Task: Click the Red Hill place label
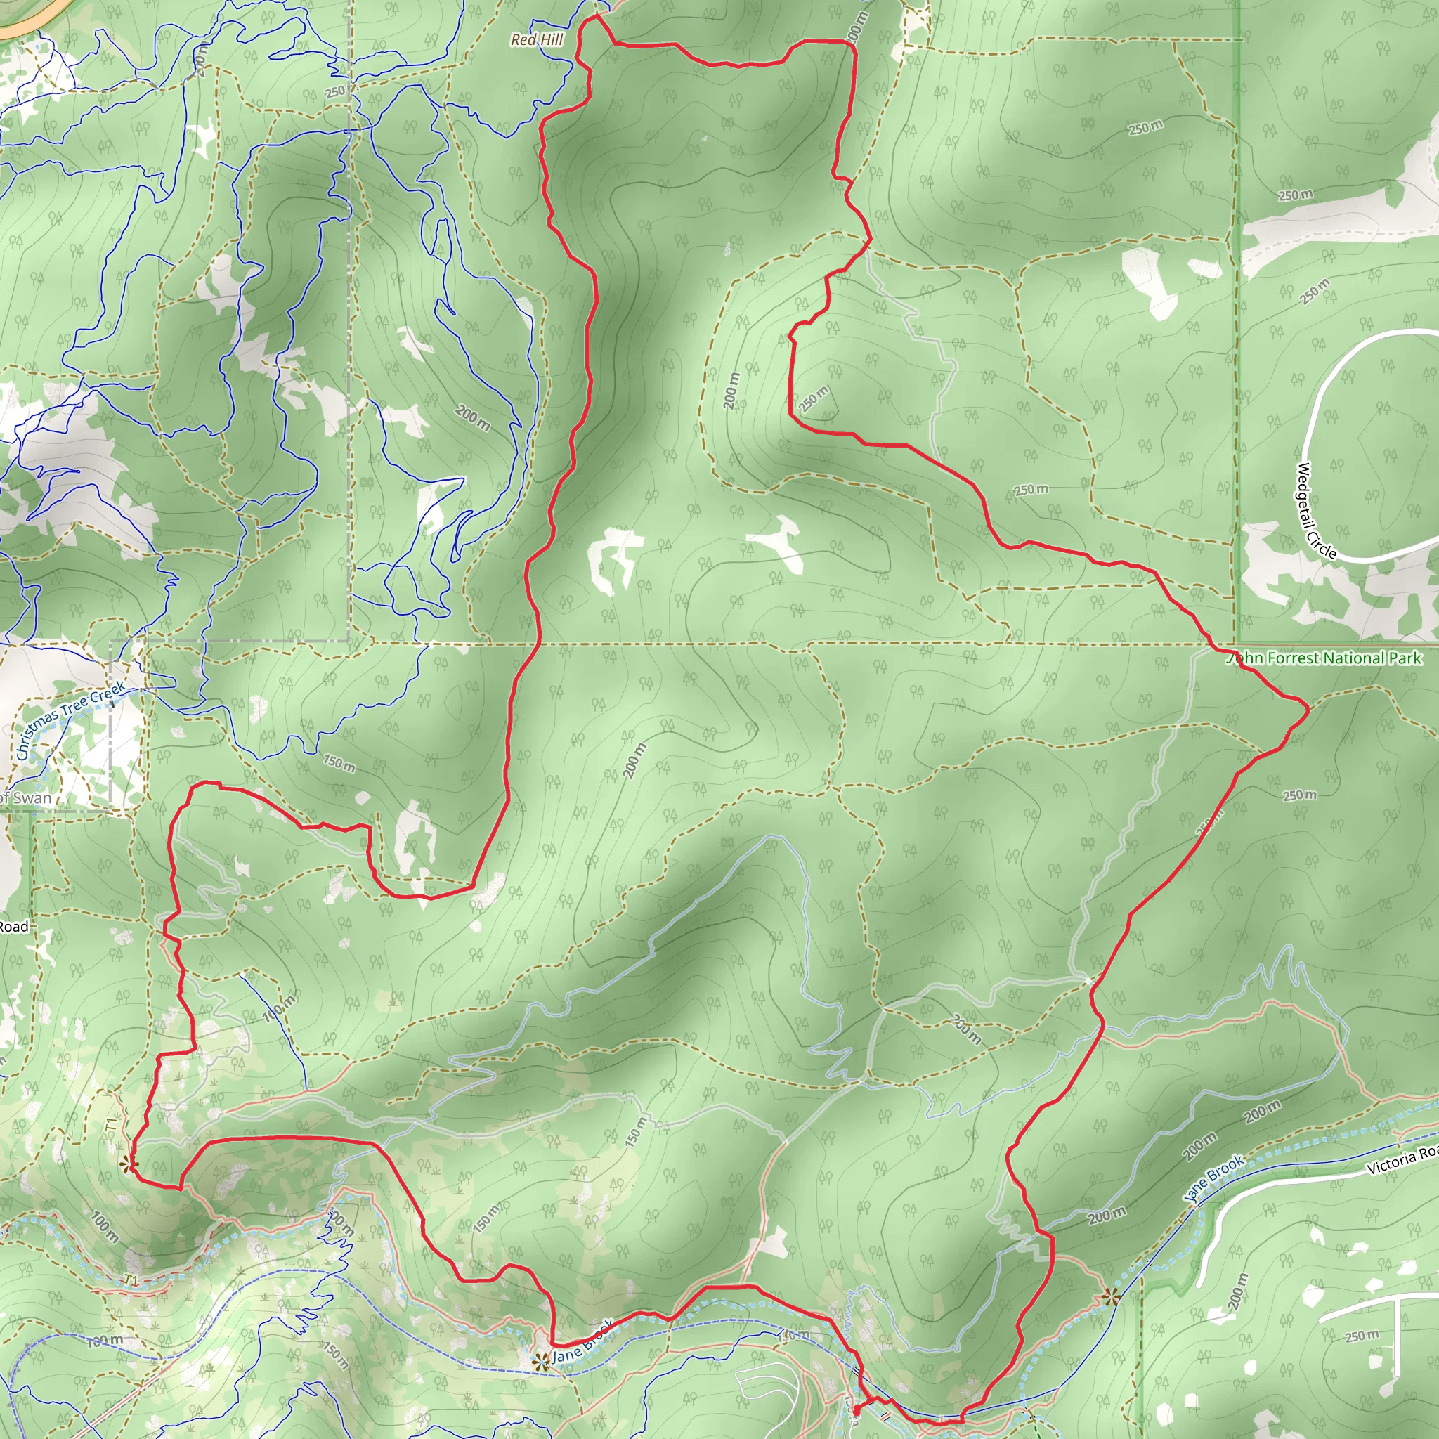537,39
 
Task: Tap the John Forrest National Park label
1324,658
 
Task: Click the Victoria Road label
1402,1158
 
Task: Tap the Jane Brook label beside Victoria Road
1214,1178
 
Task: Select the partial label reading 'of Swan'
26,797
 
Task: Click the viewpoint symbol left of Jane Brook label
541,1362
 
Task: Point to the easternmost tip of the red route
1308,710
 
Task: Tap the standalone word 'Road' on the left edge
13,927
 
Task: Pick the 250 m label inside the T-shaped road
1362,1336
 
